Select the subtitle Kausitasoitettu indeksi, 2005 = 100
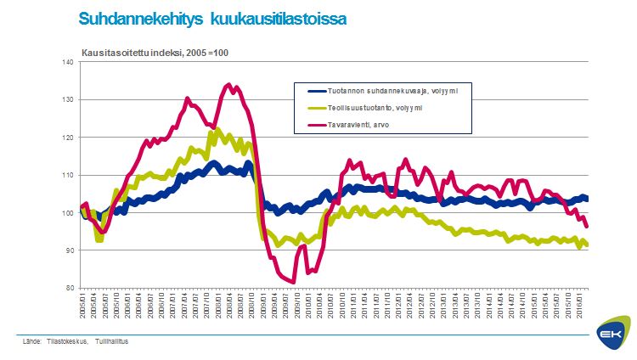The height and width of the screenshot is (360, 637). [x=155, y=53]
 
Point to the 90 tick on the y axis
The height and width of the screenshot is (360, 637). [x=70, y=250]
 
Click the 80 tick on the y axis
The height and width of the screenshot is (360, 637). [x=70, y=288]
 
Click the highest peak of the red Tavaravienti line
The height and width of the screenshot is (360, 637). [x=228, y=84]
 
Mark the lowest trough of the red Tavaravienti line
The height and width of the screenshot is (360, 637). [x=292, y=282]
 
